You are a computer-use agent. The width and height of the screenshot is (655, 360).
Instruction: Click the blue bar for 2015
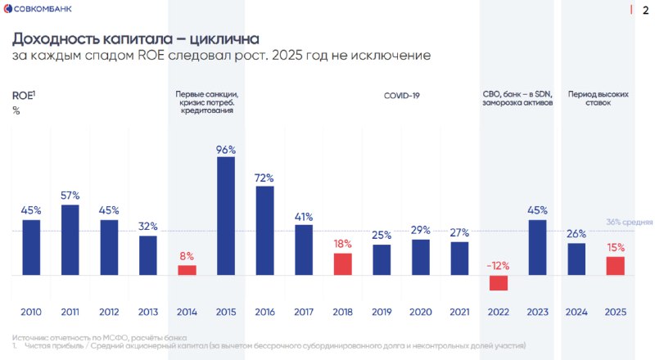click(226, 216)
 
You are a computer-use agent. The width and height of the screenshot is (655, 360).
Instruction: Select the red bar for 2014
click(187, 270)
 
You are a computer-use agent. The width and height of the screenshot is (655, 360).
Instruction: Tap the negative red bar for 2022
click(499, 283)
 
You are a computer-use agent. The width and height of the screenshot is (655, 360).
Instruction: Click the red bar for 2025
click(616, 266)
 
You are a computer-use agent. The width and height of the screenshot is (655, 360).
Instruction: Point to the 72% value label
click(264, 178)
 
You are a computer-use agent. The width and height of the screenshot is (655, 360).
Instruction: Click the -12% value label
click(498, 265)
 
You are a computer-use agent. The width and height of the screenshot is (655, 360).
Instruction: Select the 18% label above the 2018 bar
click(342, 244)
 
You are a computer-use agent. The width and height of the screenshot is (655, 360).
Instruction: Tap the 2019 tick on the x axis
click(382, 312)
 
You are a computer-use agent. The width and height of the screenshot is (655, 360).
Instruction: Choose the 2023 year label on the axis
click(537, 312)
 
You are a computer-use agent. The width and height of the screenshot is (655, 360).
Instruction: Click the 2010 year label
click(31, 312)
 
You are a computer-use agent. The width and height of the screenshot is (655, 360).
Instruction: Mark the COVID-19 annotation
click(401, 96)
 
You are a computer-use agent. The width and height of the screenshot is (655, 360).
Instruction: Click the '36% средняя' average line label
click(629, 223)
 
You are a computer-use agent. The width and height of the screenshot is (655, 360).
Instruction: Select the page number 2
click(644, 10)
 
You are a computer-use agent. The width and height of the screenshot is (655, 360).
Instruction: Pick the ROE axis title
click(22, 96)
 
